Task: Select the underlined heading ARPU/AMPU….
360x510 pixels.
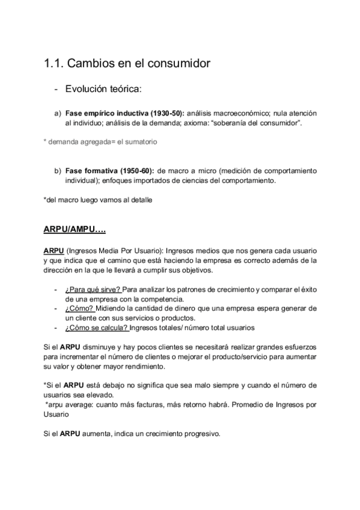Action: pos(75,229)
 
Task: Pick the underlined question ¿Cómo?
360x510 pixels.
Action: pos(79,309)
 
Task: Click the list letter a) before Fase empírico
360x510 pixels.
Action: pos(58,113)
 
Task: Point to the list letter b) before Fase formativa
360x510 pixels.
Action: pos(58,170)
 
